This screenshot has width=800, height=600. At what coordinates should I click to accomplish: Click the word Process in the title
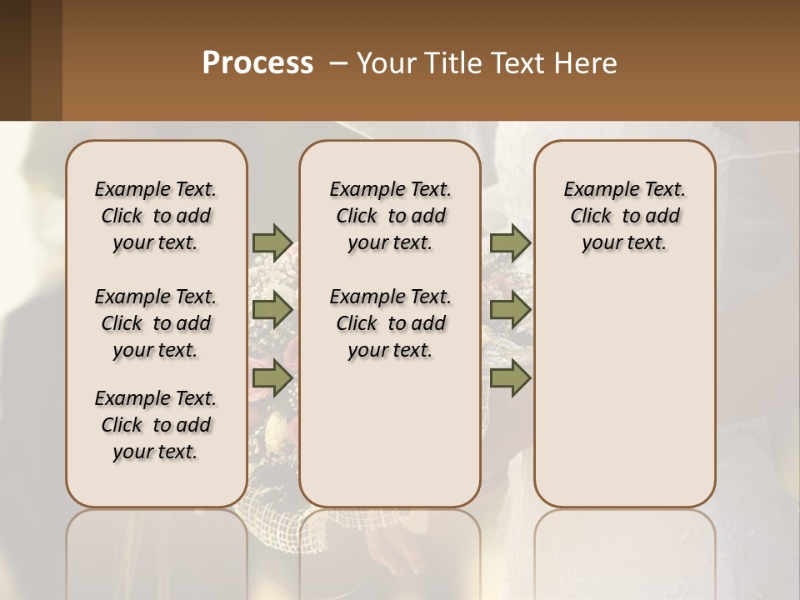257,62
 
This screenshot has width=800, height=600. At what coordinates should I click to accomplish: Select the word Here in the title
587,63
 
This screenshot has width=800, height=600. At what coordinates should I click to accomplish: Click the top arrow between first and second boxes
272,243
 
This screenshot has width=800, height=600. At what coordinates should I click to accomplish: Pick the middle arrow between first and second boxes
272,311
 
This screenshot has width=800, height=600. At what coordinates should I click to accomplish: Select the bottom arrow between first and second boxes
272,378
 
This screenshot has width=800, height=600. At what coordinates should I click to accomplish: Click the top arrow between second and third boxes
511,243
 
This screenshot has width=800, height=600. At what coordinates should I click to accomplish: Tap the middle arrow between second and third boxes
511,311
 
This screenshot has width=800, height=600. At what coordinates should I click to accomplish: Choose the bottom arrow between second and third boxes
511,378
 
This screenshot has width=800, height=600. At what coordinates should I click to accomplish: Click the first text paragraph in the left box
156,216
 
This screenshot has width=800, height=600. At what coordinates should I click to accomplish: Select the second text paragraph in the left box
156,323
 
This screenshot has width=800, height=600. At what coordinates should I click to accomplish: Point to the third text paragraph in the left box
156,425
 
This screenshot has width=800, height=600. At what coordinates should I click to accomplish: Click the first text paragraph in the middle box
390,216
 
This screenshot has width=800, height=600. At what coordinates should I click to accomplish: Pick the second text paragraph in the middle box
390,323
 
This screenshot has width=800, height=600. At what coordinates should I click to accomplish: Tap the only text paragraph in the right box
625,216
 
